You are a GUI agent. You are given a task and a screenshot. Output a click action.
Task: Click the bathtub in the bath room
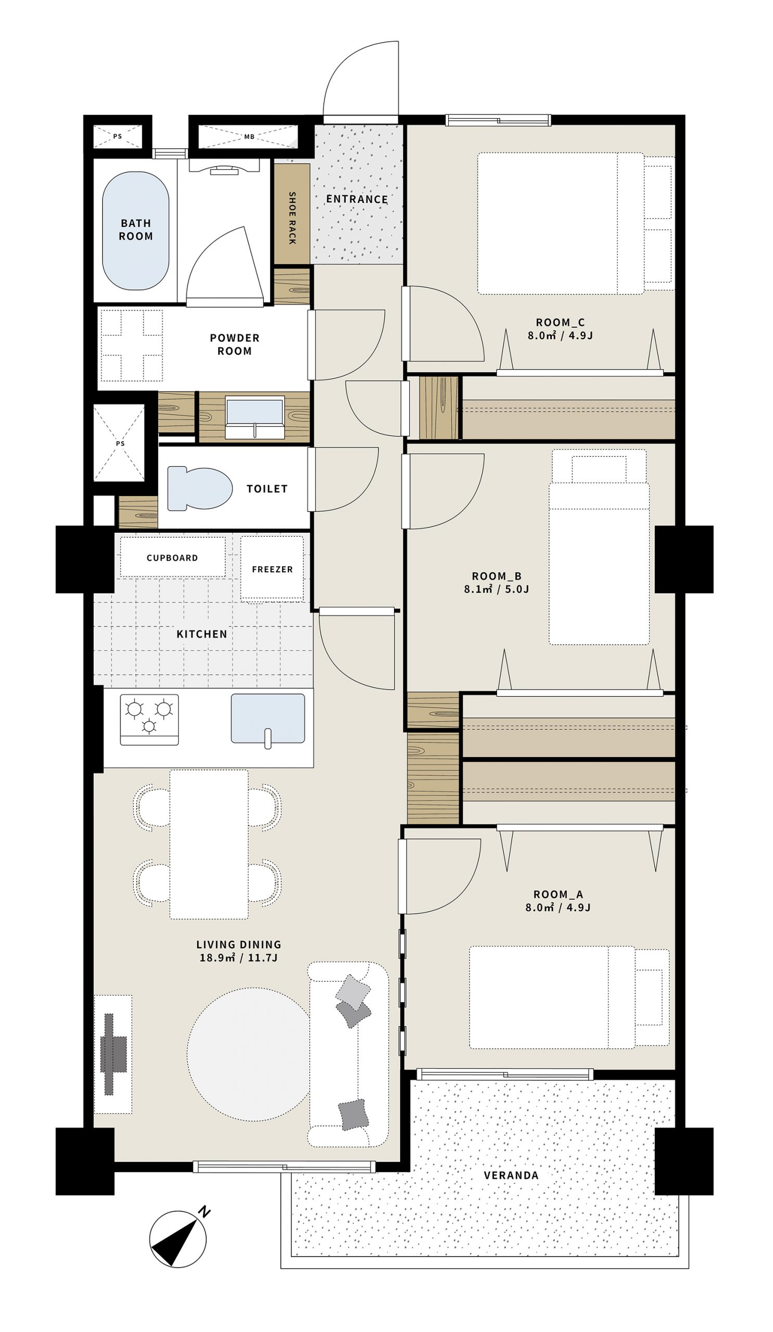[135, 230]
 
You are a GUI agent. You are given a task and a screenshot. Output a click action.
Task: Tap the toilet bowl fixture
[199, 489]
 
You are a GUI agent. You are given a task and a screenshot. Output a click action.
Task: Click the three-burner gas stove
[149, 720]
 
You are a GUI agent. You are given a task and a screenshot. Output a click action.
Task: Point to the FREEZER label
[272, 569]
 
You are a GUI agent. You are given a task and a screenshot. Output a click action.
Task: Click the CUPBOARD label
[172, 558]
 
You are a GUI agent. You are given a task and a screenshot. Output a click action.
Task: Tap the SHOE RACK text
[292, 218]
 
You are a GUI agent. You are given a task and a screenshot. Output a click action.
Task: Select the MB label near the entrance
[249, 136]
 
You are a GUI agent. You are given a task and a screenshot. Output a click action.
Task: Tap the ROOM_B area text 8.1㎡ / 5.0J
[497, 589]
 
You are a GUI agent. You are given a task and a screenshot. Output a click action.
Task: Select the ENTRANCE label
[357, 199]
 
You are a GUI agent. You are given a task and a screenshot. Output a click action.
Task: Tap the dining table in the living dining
[209, 843]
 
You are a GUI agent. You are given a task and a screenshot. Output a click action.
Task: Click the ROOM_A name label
[558, 894]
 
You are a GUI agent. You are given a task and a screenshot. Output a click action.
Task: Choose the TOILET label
[267, 489]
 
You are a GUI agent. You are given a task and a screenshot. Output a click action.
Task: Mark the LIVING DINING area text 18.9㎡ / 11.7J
[238, 957]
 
